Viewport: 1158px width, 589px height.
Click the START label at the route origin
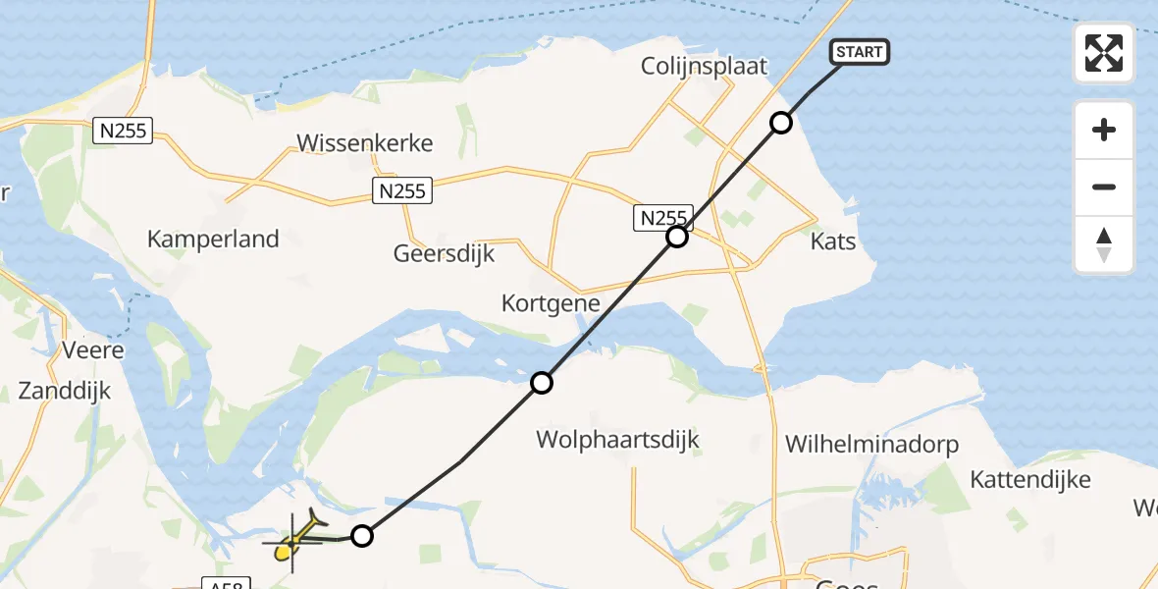[x=860, y=52]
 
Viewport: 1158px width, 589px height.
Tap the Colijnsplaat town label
[x=704, y=66]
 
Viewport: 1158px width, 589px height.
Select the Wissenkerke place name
[x=365, y=143]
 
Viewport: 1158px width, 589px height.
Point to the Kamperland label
[x=213, y=239]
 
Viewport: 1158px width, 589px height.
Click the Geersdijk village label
[x=444, y=253]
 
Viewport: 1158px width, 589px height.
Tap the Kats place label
[x=834, y=241]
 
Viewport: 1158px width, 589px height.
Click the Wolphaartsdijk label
[x=618, y=439]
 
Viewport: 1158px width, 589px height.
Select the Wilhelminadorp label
[x=871, y=445]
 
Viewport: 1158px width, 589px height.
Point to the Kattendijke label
[x=1030, y=479]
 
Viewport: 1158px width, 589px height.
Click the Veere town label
[x=92, y=349]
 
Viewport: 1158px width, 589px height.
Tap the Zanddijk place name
[x=65, y=391]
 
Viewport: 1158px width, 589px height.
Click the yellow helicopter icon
[x=292, y=543]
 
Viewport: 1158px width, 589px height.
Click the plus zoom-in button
[x=1104, y=130]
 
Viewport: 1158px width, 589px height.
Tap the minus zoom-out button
[x=1104, y=187]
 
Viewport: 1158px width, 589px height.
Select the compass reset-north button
[x=1104, y=244]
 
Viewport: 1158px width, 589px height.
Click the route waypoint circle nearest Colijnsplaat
[x=780, y=123]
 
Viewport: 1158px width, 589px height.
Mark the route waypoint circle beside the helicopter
[x=362, y=536]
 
